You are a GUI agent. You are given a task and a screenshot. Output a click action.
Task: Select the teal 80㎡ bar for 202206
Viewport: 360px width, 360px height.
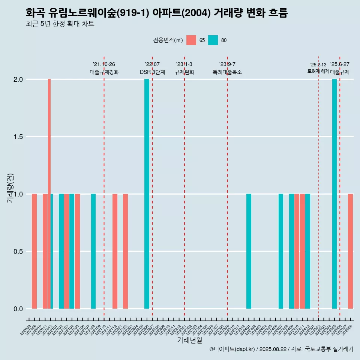coord(147,194)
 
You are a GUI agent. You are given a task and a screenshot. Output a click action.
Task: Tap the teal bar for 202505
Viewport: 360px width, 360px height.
coord(334,194)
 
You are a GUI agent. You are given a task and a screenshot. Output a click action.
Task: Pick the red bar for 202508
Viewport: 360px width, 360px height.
coord(350,251)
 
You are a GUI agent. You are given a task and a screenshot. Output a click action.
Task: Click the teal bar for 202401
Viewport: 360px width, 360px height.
coord(249,251)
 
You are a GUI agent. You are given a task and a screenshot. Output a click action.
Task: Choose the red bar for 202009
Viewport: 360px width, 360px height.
coord(34,251)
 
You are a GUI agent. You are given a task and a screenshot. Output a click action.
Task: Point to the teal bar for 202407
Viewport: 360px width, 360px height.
coord(281,251)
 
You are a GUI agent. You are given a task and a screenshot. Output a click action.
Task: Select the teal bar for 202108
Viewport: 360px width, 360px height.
coord(93,251)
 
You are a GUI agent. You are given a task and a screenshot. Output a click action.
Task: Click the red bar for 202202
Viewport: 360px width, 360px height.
coord(125,251)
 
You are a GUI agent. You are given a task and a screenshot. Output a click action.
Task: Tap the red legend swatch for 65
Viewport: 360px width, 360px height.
coord(191,40)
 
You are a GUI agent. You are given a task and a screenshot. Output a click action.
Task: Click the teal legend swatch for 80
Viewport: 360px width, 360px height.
coord(213,40)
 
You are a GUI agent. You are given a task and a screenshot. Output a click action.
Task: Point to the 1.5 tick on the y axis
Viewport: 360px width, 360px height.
coord(18,137)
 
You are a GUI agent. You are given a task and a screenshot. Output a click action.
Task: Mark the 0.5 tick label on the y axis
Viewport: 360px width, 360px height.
coord(18,252)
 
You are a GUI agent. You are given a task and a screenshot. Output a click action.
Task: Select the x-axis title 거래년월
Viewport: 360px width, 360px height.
coord(189,340)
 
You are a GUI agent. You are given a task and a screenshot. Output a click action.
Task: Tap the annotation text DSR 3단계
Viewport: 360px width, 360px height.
coord(153,72)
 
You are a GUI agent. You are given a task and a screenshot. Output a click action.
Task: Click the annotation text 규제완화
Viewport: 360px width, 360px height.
coord(184,72)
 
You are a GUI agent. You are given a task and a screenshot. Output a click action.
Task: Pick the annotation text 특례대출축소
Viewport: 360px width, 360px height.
coord(227,72)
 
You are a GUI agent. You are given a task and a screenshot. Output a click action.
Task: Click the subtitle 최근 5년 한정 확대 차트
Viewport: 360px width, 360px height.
coord(60,24)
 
